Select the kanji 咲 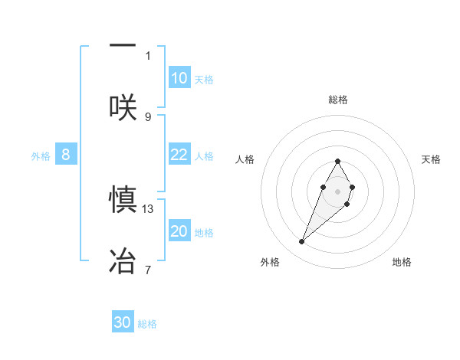pyautogui.click(x=123, y=106)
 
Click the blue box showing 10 pyautogui.click(x=179, y=78)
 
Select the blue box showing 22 pyautogui.click(x=179, y=155)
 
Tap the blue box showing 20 pyautogui.click(x=179, y=231)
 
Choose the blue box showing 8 pyautogui.click(x=66, y=155)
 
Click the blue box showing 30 pyautogui.click(x=123, y=322)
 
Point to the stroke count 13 pyautogui.click(x=149, y=208)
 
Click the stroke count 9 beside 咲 pyautogui.click(x=148, y=116)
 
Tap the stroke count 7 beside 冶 pyautogui.click(x=148, y=270)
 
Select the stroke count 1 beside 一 pyautogui.click(x=148, y=55)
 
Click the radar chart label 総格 pyautogui.click(x=337, y=100)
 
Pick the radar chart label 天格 pyautogui.click(x=432, y=159)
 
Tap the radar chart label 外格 pyautogui.click(x=270, y=262)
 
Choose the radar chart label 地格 pyautogui.click(x=402, y=262)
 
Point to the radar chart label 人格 pyautogui.click(x=245, y=159)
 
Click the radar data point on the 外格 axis pyautogui.click(x=302, y=242)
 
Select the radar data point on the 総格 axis pyautogui.click(x=337, y=161)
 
